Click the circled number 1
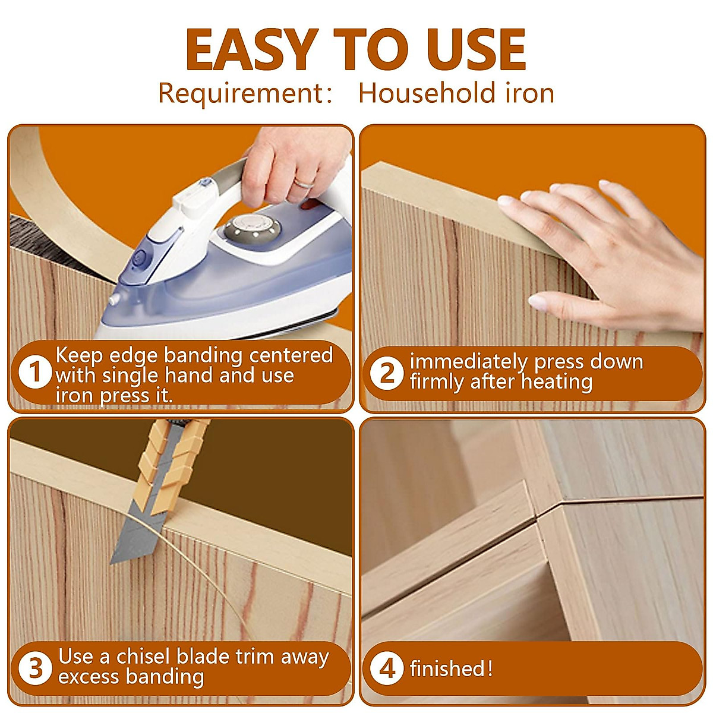[35, 373]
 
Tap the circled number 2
[387, 373]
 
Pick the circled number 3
[36, 667]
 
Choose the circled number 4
[387, 668]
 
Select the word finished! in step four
[451, 669]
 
